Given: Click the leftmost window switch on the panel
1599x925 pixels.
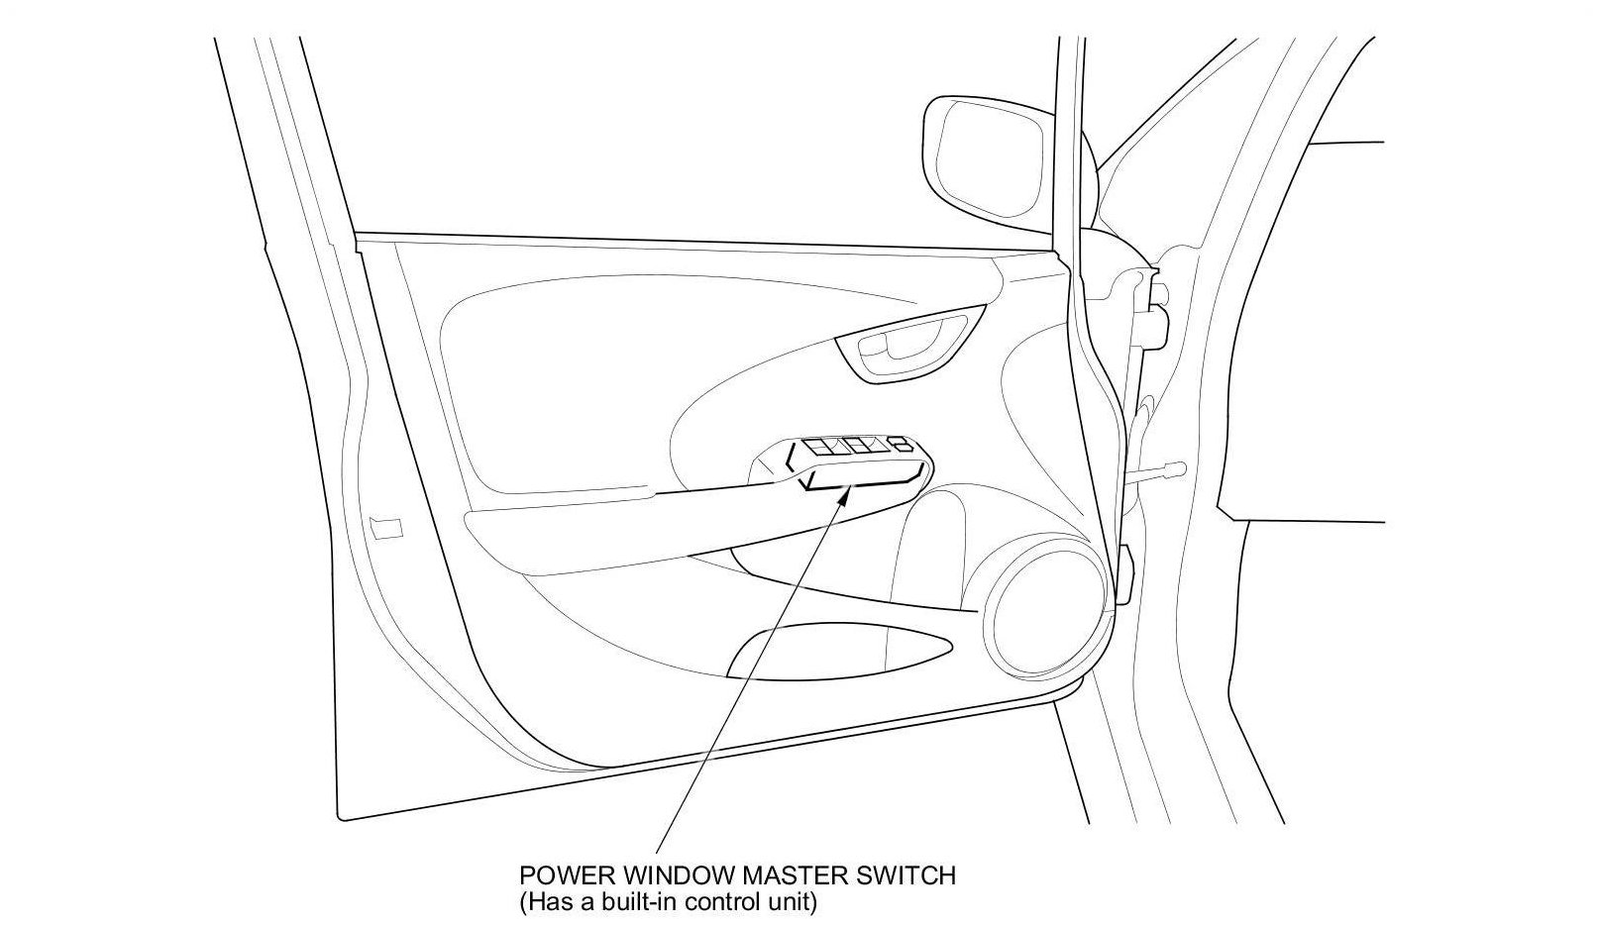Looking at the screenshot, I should coord(821,448).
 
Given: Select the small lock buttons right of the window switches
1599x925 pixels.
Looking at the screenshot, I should coord(901,447).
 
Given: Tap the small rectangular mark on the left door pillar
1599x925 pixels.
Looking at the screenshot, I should coord(385,527).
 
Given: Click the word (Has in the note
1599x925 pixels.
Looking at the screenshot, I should coord(542,902).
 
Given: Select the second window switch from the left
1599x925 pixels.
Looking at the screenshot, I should coord(859,447).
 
